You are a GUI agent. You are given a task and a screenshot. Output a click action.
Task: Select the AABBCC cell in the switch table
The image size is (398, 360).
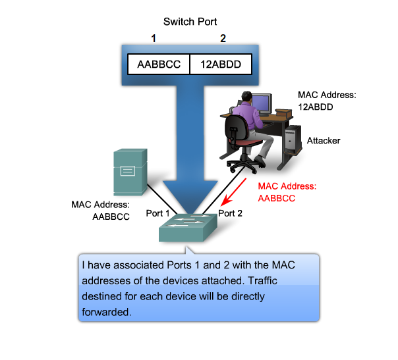[x=158, y=64]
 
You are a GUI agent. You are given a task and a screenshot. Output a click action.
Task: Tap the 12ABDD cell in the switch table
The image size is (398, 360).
[x=222, y=64]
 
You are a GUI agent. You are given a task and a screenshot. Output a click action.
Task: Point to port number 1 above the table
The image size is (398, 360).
[x=154, y=39]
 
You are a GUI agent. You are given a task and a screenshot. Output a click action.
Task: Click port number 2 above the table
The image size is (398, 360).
[x=223, y=39]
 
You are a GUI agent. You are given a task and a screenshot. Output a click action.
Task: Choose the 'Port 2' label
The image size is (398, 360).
[x=231, y=213]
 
